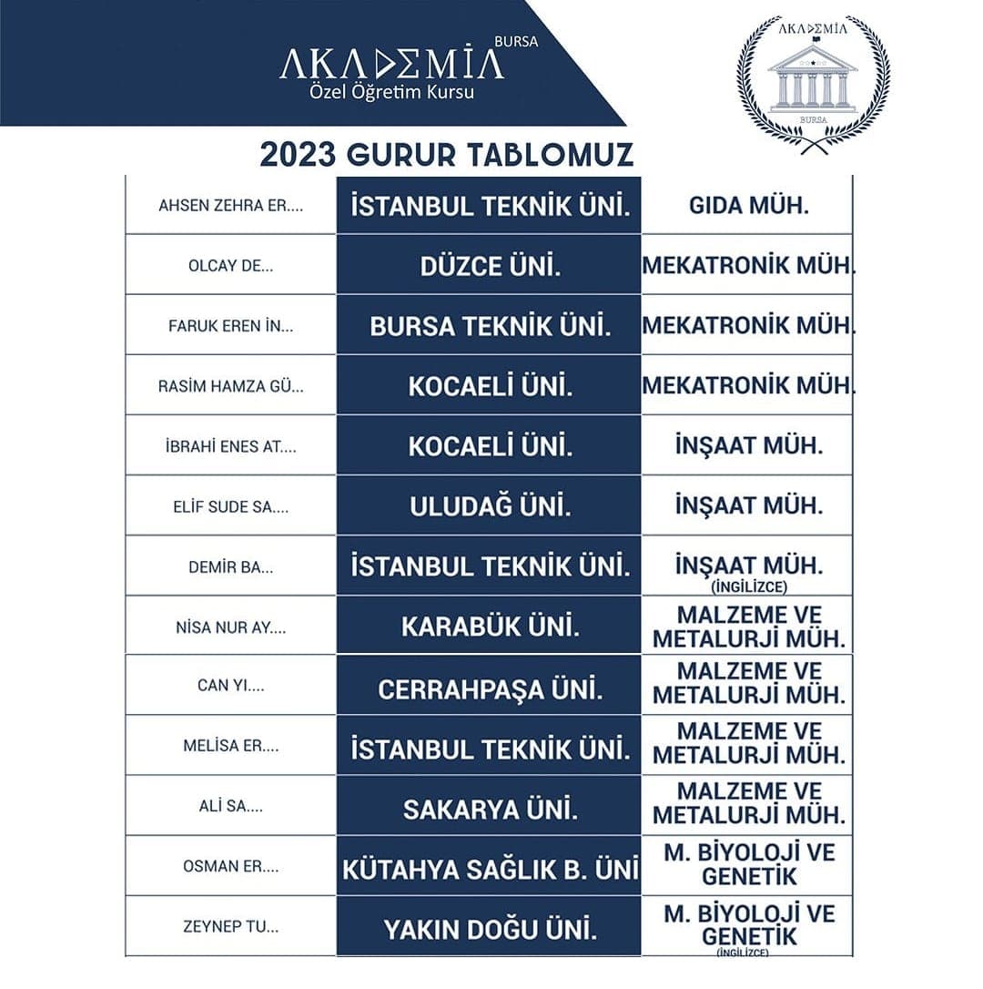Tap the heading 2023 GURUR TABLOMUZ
click(446, 154)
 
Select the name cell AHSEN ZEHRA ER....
click(230, 205)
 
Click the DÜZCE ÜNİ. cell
click(490, 266)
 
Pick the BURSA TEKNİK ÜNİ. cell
click(490, 326)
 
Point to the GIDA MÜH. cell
click(748, 205)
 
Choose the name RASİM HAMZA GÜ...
click(230, 386)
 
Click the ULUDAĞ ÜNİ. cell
click(490, 506)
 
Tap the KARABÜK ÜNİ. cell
click(490, 627)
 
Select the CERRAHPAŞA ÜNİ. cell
click(490, 688)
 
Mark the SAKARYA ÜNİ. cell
click(490, 809)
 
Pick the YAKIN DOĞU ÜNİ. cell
click(490, 930)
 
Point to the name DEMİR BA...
click(230, 566)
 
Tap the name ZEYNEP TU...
click(230, 928)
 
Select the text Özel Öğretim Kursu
click(392, 93)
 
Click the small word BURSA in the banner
click(514, 41)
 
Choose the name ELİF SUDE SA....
click(230, 506)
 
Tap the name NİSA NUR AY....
click(230, 627)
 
